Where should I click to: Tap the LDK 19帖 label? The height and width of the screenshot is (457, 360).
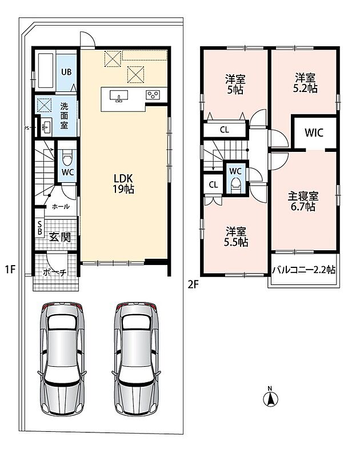[123, 183]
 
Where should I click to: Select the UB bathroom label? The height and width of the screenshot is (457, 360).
[66, 72]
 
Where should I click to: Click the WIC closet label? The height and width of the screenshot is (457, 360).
[314, 133]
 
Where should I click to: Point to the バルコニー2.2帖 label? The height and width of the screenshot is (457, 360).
[303, 270]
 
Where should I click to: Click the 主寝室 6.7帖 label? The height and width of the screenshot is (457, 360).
[303, 201]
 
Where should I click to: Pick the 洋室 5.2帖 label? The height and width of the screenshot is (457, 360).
[305, 83]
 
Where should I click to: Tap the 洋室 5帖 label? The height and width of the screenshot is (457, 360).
[235, 85]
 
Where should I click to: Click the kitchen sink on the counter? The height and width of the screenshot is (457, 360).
[119, 96]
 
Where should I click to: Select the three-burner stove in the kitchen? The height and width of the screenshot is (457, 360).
[153, 95]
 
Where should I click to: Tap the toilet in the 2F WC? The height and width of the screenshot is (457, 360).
[235, 184]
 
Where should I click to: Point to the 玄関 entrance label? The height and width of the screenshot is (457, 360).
[60, 237]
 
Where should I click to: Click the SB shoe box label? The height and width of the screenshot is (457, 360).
[39, 227]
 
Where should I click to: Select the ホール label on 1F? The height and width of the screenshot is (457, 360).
[61, 207]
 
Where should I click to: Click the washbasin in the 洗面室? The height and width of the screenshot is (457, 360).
[46, 127]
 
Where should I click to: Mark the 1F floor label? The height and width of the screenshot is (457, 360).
[10, 269]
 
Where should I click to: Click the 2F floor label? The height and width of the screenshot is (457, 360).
[193, 284]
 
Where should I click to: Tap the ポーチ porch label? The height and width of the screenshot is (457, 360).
[54, 273]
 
